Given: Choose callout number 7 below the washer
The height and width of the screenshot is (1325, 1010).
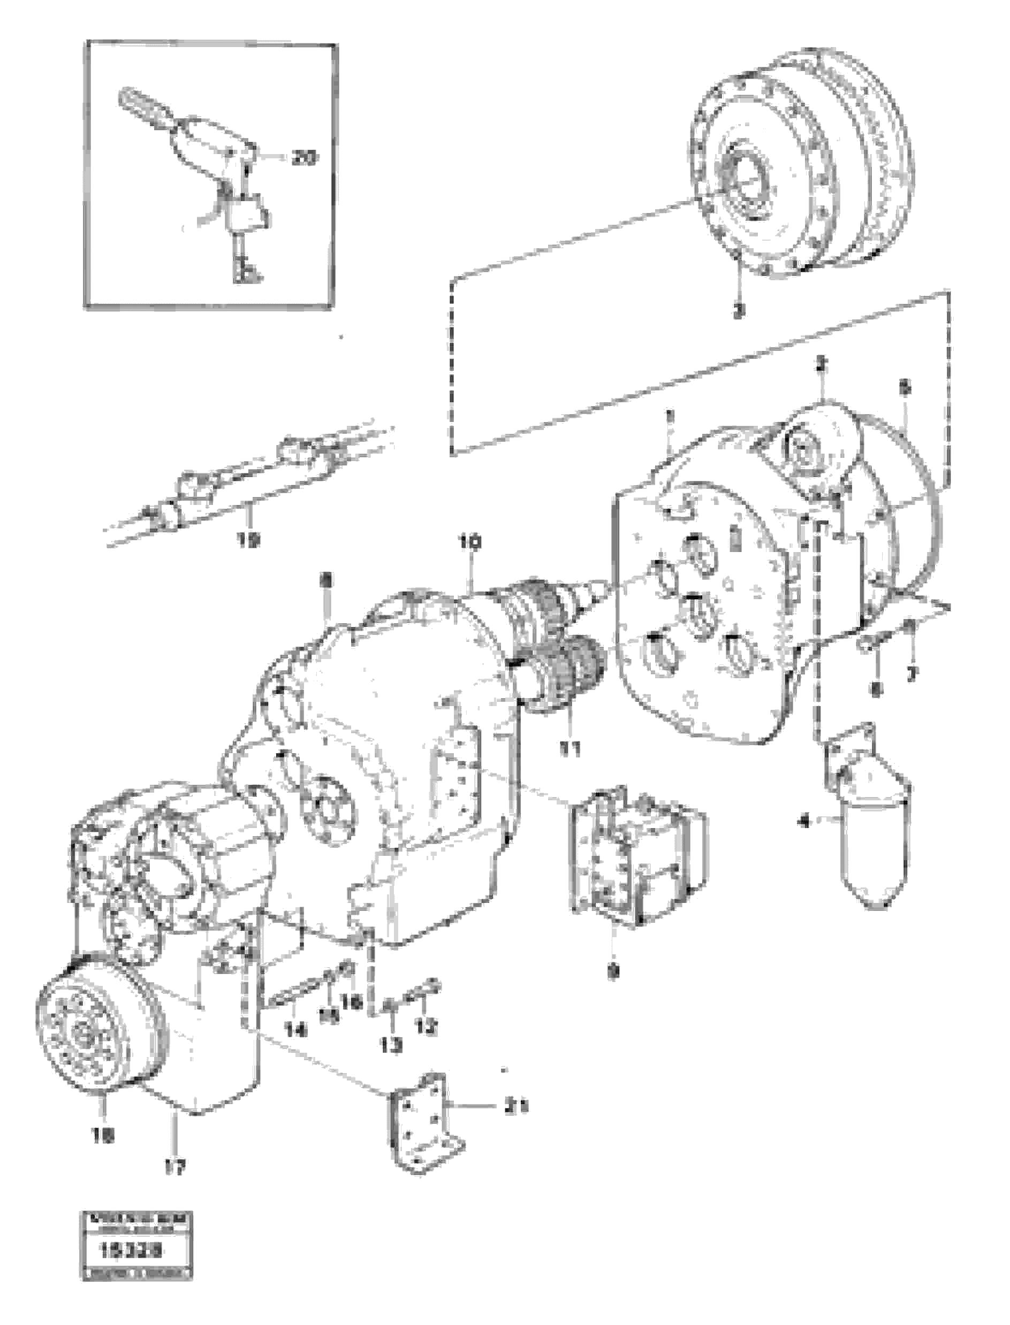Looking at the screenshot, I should tap(912, 675).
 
